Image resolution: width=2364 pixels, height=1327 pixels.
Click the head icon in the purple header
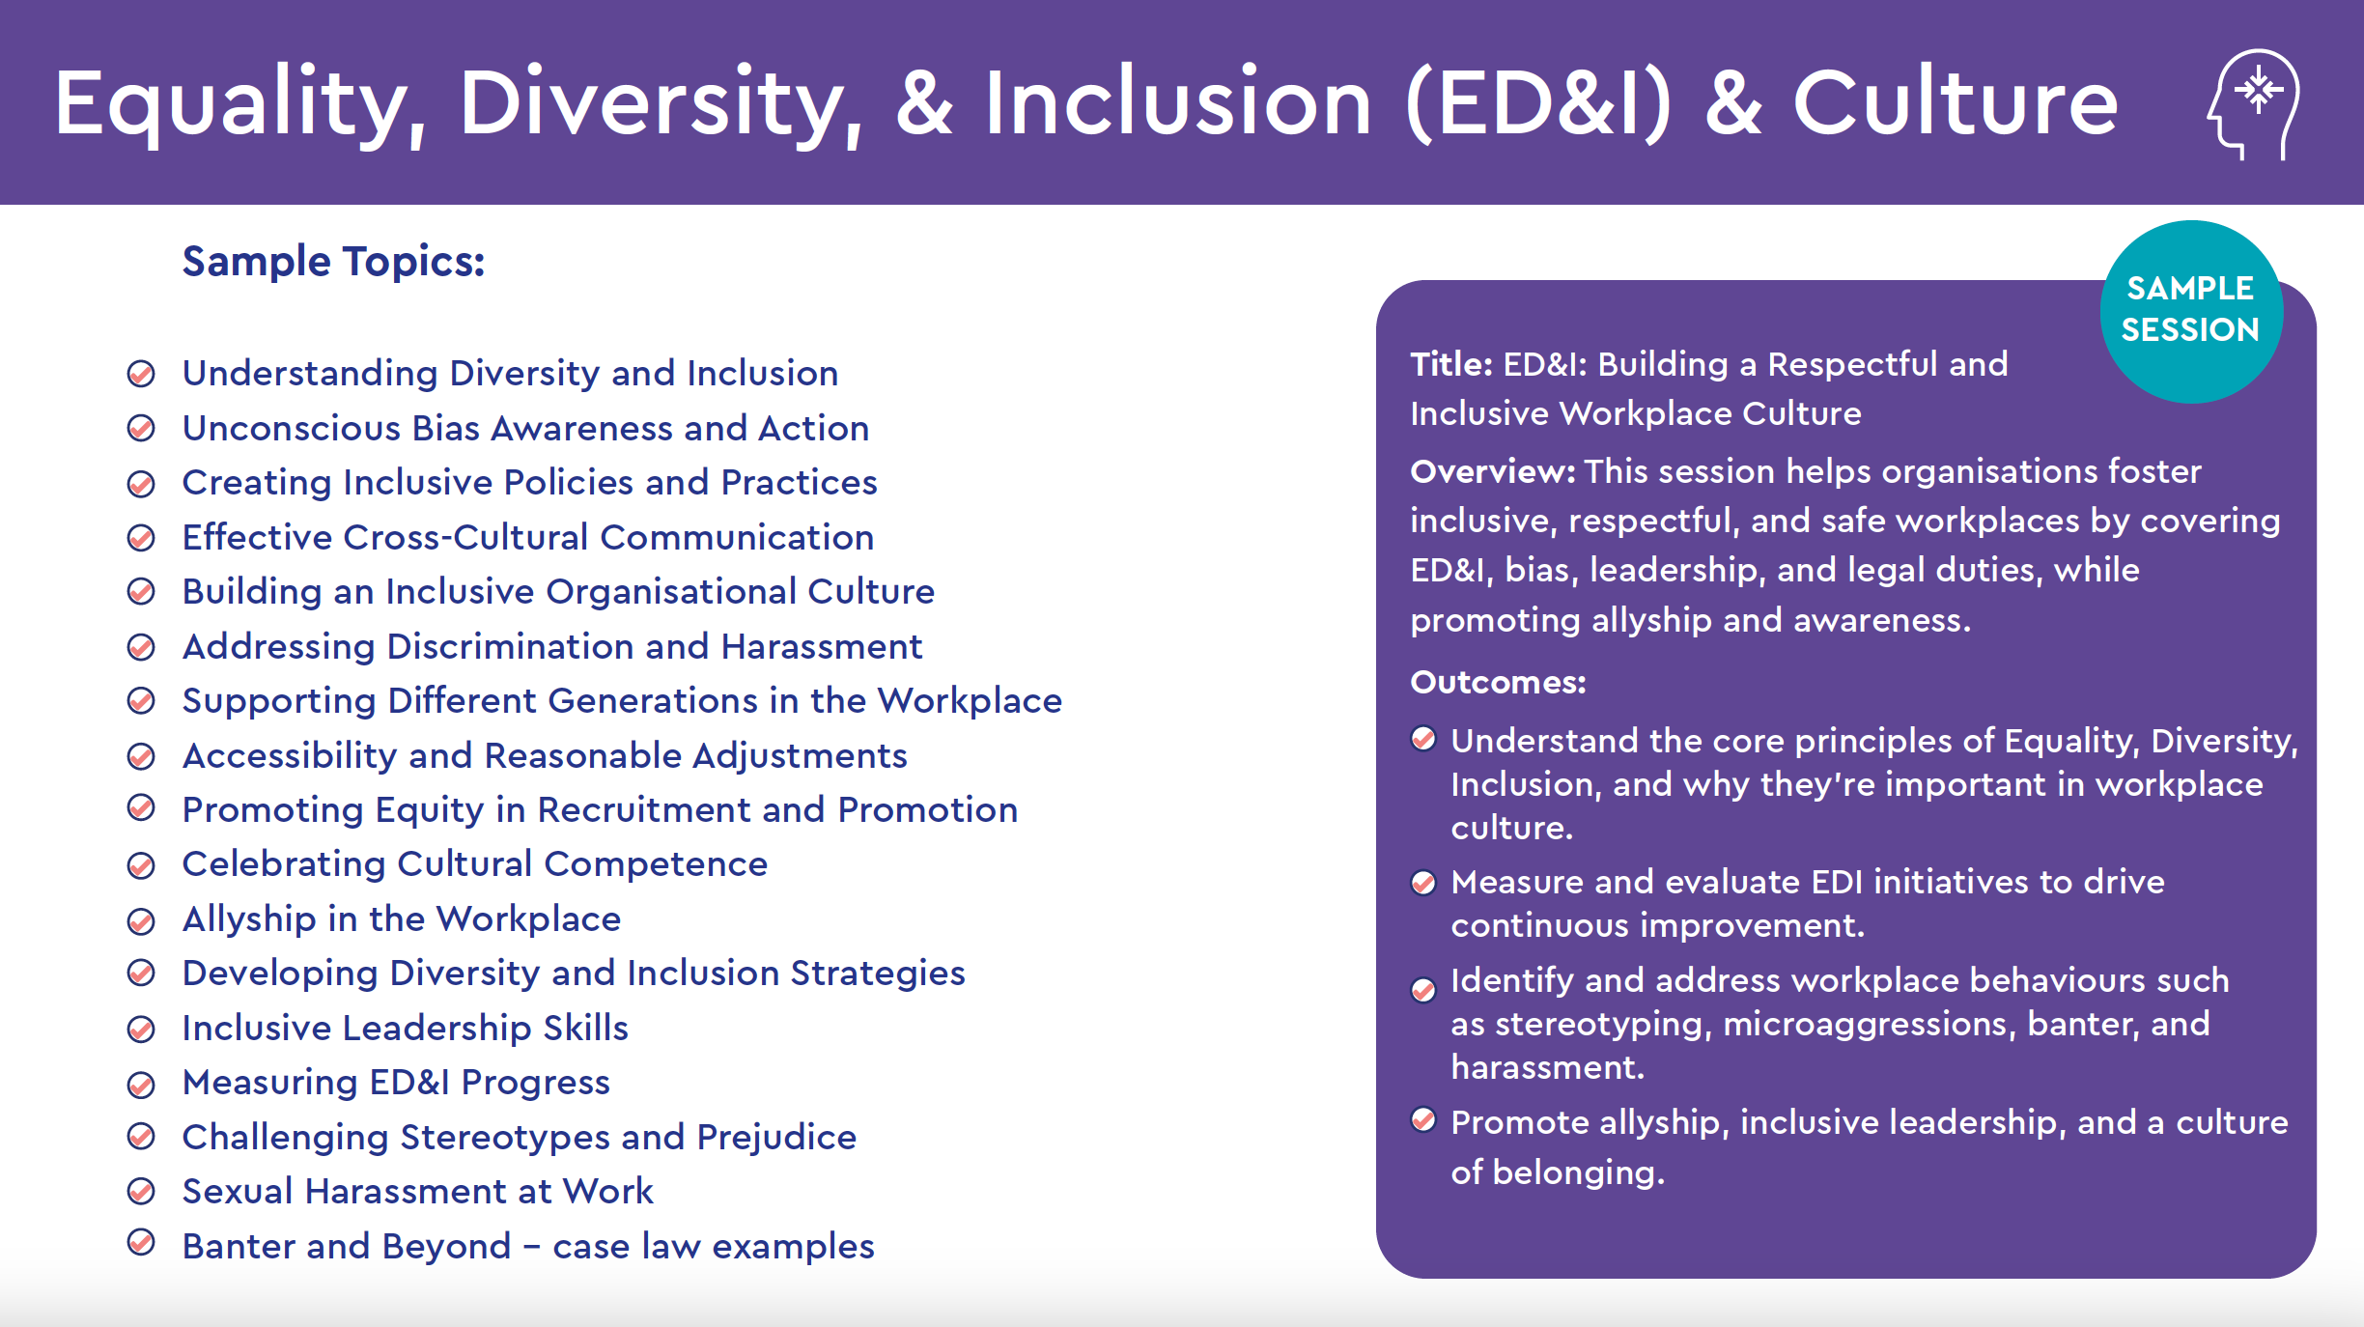2255,104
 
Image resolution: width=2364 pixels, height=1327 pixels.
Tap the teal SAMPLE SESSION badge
2191,311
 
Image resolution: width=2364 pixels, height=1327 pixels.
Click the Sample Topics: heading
333,262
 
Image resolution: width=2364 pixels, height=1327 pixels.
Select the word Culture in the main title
1955,102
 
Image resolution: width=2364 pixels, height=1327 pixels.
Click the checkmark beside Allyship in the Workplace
141,921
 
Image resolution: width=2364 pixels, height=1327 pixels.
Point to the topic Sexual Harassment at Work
417,1192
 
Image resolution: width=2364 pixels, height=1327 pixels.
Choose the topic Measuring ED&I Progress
396,1084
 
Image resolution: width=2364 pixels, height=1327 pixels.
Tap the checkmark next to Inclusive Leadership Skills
141,1030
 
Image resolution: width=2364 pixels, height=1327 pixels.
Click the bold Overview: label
1493,471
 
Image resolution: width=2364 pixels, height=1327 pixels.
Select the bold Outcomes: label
1498,683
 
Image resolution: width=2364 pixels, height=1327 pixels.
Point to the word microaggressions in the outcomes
1870,1025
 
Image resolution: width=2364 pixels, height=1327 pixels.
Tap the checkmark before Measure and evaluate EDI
1423,883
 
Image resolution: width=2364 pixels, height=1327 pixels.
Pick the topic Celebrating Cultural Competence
475,864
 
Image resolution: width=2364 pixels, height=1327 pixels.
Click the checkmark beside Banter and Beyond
141,1242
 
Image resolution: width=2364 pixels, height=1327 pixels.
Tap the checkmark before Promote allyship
1423,1119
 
